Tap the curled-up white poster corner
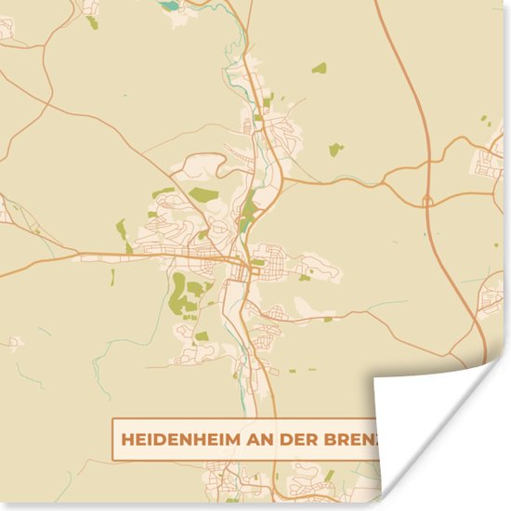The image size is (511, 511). [x=437, y=418]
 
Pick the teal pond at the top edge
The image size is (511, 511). [x=170, y=5]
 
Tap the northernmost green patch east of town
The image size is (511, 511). [x=319, y=68]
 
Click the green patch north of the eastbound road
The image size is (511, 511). [x=334, y=149]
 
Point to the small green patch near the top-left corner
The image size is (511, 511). [x=93, y=21]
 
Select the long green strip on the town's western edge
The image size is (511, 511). [x=121, y=229]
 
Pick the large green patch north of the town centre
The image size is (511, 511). [x=203, y=195]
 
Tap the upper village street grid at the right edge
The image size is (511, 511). [x=490, y=164]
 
